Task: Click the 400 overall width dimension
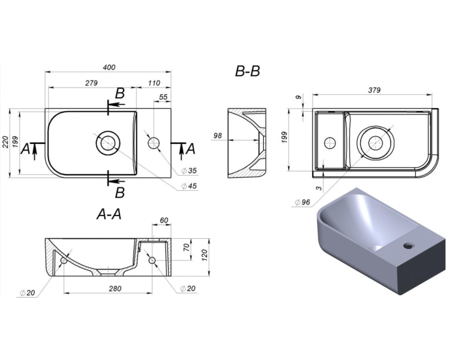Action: point(109,67)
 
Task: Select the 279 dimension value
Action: point(91,83)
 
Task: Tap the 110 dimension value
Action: point(154,83)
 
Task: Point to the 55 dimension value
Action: point(163,97)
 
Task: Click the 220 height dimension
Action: point(5,142)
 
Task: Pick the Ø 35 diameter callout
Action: point(189,171)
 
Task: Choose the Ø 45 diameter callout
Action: point(189,186)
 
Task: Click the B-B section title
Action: point(247,71)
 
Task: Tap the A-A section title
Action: point(109,214)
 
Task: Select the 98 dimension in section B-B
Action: point(218,135)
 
